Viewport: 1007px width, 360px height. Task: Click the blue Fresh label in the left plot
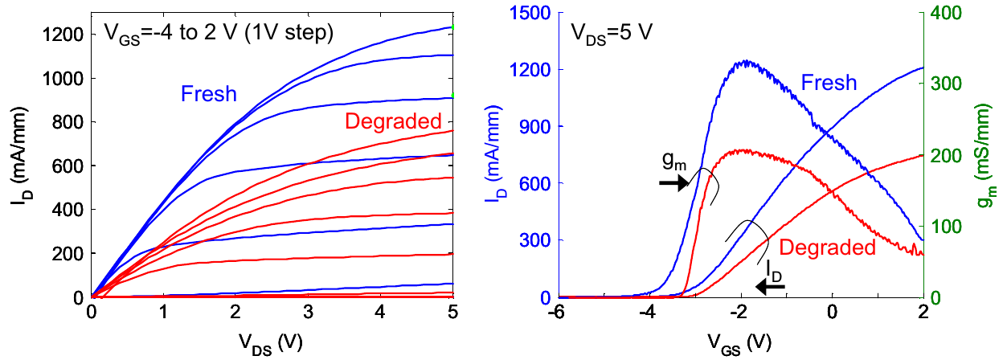(x=209, y=94)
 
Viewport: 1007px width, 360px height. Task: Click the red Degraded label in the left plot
(x=393, y=122)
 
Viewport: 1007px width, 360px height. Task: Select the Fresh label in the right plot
(x=828, y=82)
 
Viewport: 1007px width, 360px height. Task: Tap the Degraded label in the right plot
(x=826, y=247)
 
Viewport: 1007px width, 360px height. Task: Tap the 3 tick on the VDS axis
(x=309, y=311)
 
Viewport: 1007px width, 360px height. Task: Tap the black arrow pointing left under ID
(x=773, y=284)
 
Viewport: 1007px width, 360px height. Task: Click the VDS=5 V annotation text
(x=612, y=33)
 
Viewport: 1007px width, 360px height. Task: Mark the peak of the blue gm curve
(x=747, y=61)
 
